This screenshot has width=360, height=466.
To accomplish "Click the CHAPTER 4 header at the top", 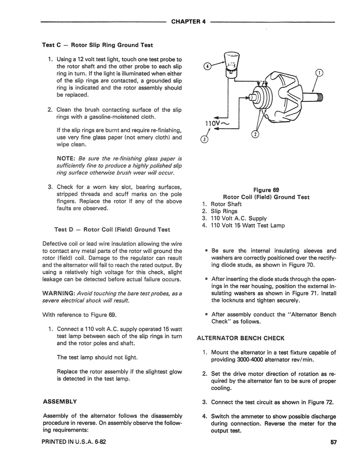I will (x=188, y=22).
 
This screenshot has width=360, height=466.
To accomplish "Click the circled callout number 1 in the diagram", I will (x=319, y=73).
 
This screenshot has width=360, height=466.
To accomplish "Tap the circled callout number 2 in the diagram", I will (x=255, y=134).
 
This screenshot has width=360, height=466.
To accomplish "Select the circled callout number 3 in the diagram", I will (x=204, y=139).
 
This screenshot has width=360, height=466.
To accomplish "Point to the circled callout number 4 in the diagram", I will (x=207, y=67).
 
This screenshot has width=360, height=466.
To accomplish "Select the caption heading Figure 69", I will (x=266, y=190).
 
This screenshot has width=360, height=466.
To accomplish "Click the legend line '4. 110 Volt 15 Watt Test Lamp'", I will (x=243, y=225).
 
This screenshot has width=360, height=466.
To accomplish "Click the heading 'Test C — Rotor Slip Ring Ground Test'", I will (x=97, y=45).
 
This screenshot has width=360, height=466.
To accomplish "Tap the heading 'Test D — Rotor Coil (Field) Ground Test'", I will (x=112, y=229).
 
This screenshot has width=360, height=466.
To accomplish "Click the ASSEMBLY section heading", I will (x=59, y=401).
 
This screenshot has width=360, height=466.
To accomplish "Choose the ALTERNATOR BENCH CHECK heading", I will (x=241, y=338).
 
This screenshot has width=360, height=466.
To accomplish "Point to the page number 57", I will (x=333, y=442).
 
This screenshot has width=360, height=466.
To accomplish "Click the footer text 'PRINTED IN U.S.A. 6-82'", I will (x=74, y=442).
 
